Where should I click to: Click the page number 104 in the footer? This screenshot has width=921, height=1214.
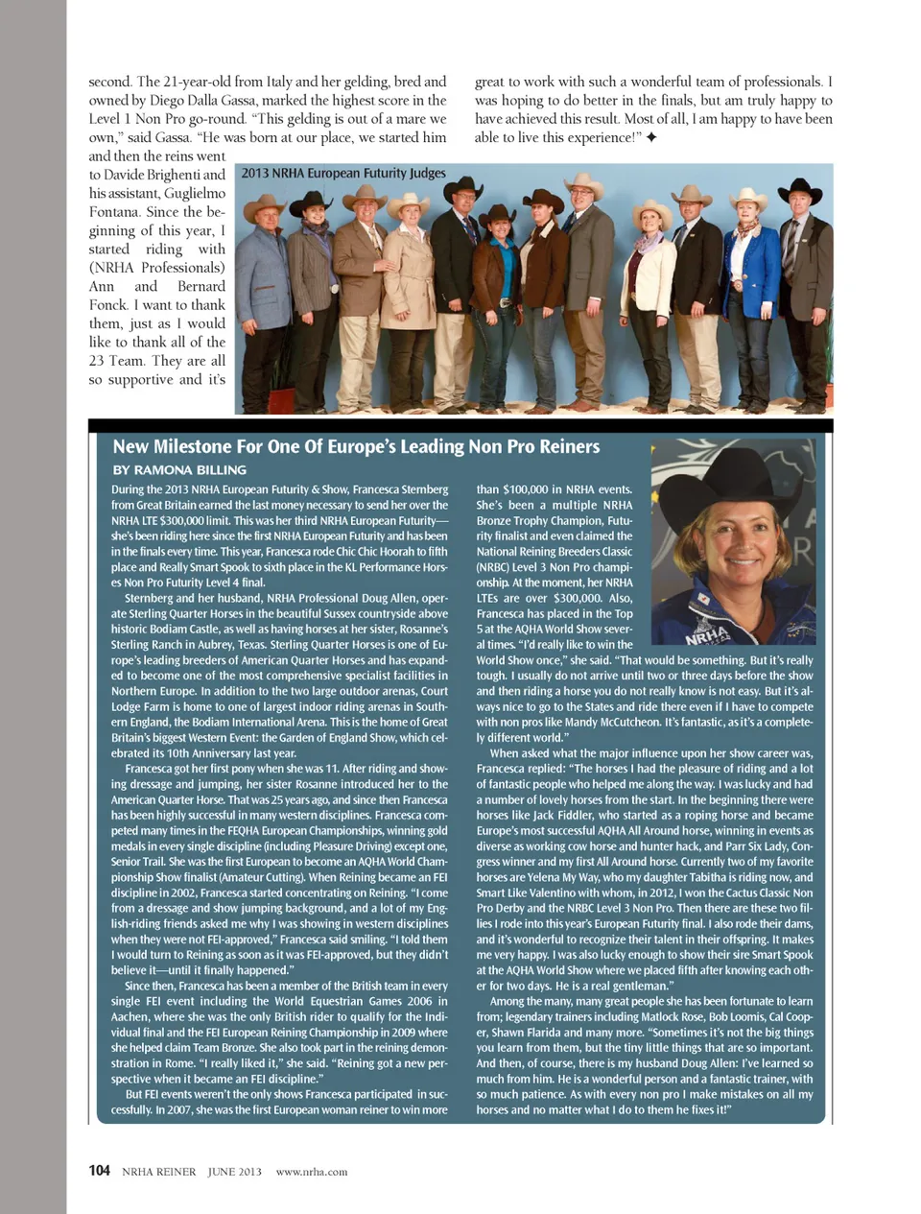(x=99, y=1171)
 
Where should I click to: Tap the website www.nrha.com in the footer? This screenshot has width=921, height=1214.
(x=311, y=1172)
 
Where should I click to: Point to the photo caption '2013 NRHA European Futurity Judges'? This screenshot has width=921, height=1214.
(x=343, y=174)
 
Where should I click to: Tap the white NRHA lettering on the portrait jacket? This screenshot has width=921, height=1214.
(x=708, y=634)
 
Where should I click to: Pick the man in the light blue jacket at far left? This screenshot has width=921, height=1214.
(x=264, y=288)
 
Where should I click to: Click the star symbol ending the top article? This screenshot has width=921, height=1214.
(x=651, y=138)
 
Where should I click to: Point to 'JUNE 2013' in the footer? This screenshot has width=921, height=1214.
(x=234, y=1172)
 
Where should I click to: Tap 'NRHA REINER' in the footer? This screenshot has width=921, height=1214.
(x=158, y=1172)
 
